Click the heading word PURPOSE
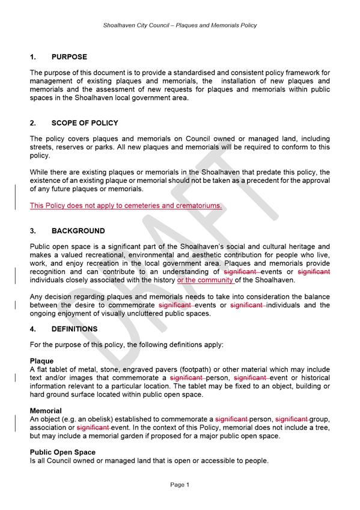tap(69, 57)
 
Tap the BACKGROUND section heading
tap(78, 231)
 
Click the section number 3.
tap(33, 231)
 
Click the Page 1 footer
tap(180, 484)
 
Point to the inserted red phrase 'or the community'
tap(206, 280)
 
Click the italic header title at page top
tap(180, 25)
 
